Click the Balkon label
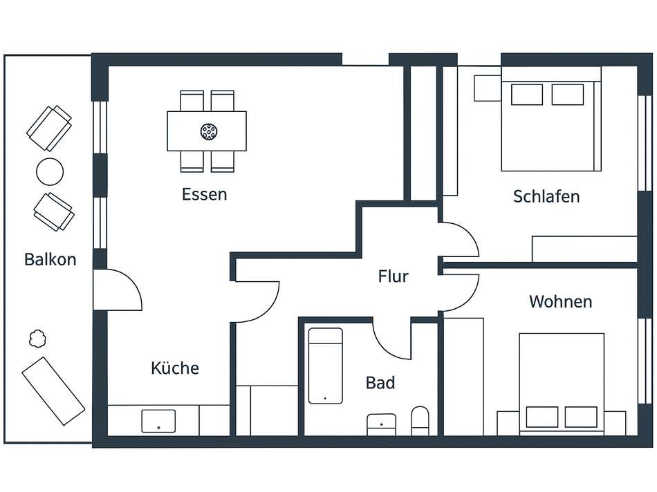(x=50, y=260)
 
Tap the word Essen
(x=204, y=194)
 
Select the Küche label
(x=175, y=368)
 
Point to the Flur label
(x=393, y=277)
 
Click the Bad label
(x=380, y=382)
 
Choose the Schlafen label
(x=546, y=196)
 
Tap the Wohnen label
(x=560, y=302)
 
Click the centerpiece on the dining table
(x=207, y=131)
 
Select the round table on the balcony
(x=50, y=171)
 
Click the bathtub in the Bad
(x=325, y=366)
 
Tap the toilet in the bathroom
(x=420, y=421)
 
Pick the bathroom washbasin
(x=381, y=424)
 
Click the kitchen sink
(x=158, y=421)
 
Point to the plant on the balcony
(x=37, y=339)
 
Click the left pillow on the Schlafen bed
(x=527, y=94)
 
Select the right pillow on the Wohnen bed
(x=580, y=417)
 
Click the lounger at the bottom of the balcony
(x=53, y=390)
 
